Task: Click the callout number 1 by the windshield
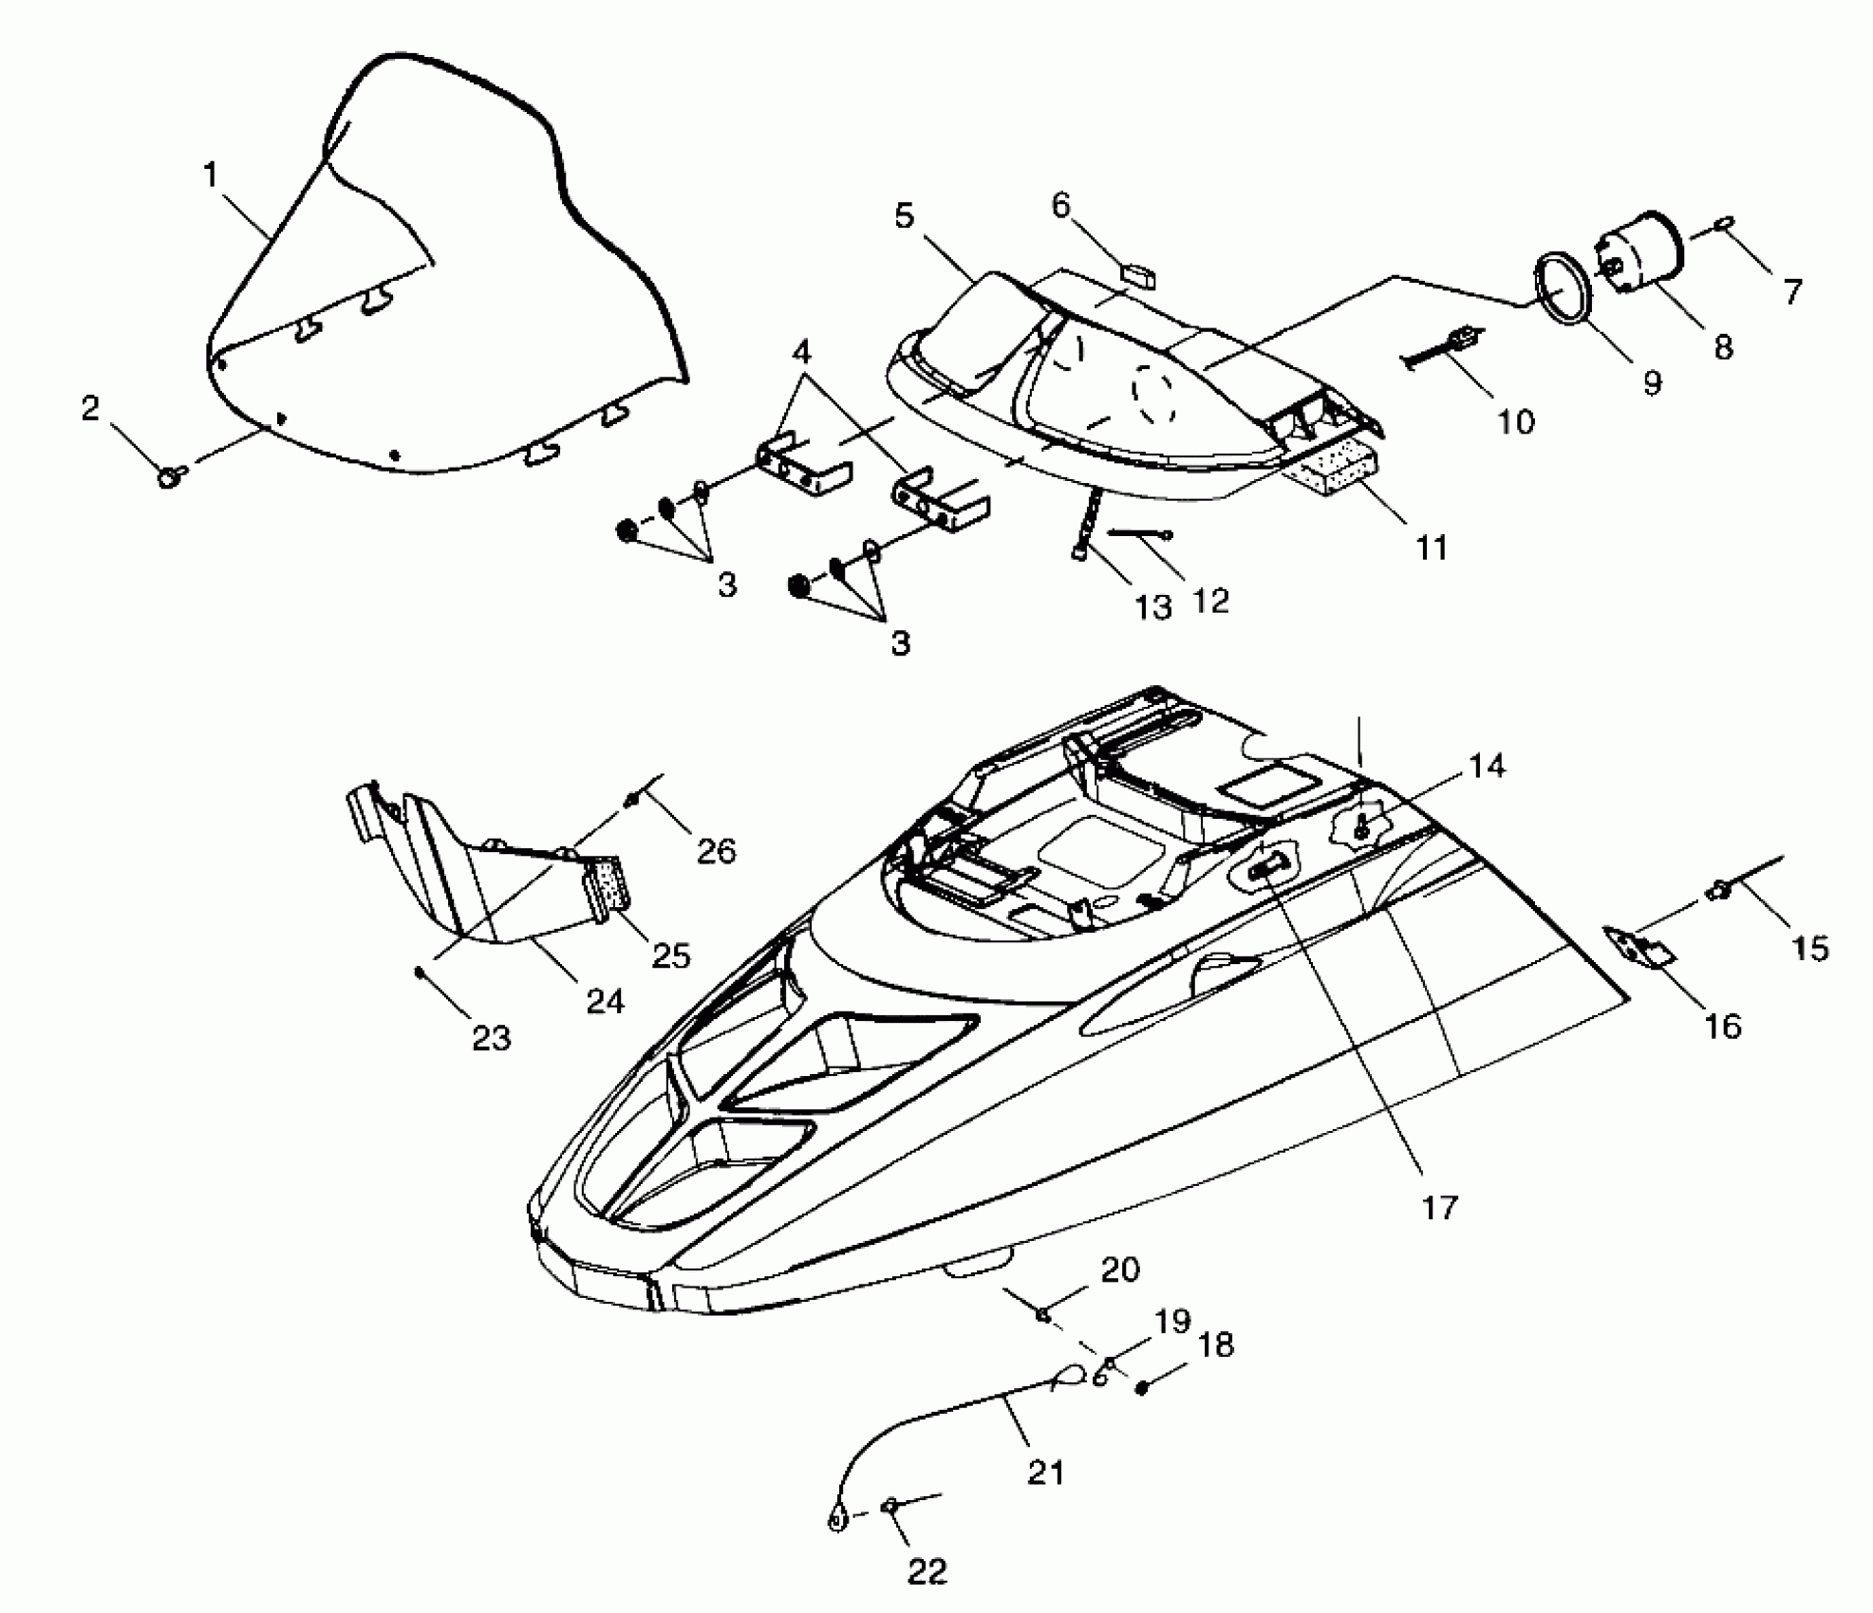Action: coord(211,175)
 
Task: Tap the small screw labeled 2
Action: coord(171,475)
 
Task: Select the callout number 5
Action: coord(904,216)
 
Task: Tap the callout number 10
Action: coord(1515,421)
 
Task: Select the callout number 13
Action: coord(1153,606)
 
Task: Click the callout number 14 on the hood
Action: coord(1487,766)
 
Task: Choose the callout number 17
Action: coord(1438,1208)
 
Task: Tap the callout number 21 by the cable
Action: coord(1045,1472)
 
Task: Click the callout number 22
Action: coord(927,1572)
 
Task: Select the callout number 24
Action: coord(606,1000)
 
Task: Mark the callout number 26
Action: coord(716,851)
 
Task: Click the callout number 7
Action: coord(1791,291)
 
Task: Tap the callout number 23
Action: coord(492,1038)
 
